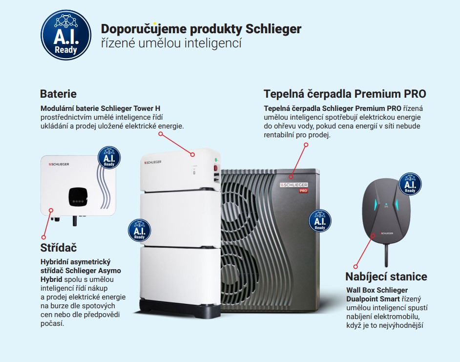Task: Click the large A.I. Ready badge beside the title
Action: coord(66,35)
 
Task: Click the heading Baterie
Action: coord(58,94)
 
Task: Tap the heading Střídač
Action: coord(59,248)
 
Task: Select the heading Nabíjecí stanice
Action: coord(386,277)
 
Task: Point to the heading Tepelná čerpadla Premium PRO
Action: coord(345,94)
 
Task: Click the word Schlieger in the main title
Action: coord(273,29)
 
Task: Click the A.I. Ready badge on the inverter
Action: coord(109,158)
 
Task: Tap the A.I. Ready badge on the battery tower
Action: coord(139,231)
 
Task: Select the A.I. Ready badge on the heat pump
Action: coord(320,221)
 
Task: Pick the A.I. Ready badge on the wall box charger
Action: coord(410,184)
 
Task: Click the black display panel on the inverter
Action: coord(78,196)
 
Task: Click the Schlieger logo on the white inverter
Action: coord(59,164)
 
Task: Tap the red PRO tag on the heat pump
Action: coord(303,191)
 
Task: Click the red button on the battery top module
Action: coord(216,168)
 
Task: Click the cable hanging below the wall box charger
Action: coord(387,255)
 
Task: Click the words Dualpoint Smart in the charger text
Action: coord(373,299)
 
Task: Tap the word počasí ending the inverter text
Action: coord(52,323)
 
